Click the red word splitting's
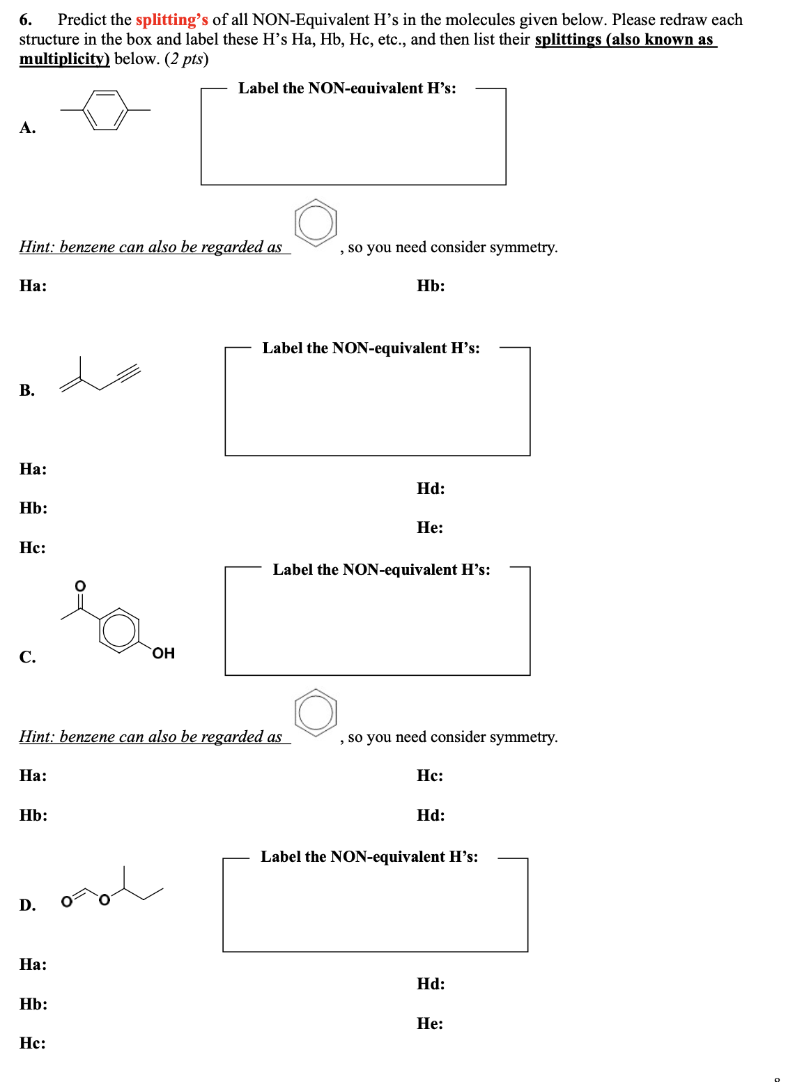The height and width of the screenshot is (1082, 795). [171, 20]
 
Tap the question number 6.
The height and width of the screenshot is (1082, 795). [25, 20]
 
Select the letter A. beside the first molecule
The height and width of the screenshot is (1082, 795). [27, 127]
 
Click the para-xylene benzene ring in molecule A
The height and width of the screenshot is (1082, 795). [105, 110]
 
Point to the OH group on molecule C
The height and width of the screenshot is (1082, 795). [163, 653]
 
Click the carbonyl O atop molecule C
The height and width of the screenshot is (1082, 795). [80, 585]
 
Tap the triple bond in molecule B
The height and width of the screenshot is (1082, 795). [129, 373]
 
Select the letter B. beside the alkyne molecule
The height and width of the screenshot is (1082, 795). [27, 390]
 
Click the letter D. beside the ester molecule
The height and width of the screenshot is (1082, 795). [27, 905]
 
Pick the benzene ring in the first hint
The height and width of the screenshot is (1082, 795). [316, 223]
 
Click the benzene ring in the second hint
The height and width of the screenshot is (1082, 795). [316, 713]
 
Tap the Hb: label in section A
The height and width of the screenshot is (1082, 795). [431, 286]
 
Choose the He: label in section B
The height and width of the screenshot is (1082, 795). [430, 527]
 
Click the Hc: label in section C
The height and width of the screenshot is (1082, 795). [430, 775]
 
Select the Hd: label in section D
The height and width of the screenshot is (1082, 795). [431, 984]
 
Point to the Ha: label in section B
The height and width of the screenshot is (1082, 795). [33, 469]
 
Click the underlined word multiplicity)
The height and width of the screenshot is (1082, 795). [64, 59]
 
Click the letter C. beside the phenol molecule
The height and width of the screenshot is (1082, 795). [27, 657]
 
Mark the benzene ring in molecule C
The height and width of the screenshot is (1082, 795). [119, 630]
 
